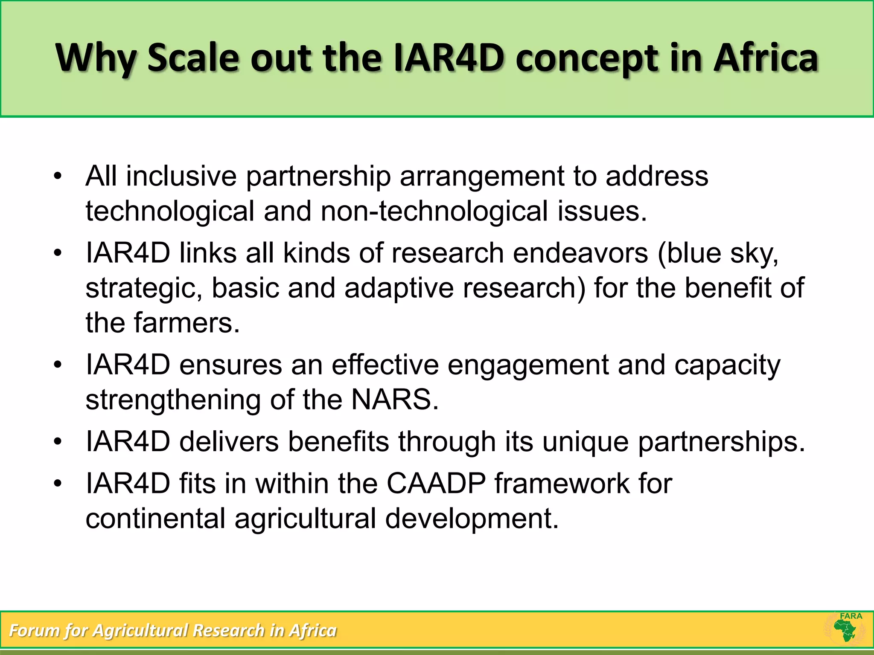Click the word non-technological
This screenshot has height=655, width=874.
coord(434,211)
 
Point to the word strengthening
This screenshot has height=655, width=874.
coord(173,400)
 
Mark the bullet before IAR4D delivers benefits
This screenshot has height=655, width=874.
coord(58,441)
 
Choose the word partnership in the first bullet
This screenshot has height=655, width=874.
coord(318,176)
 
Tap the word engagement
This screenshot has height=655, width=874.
coord(528,365)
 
